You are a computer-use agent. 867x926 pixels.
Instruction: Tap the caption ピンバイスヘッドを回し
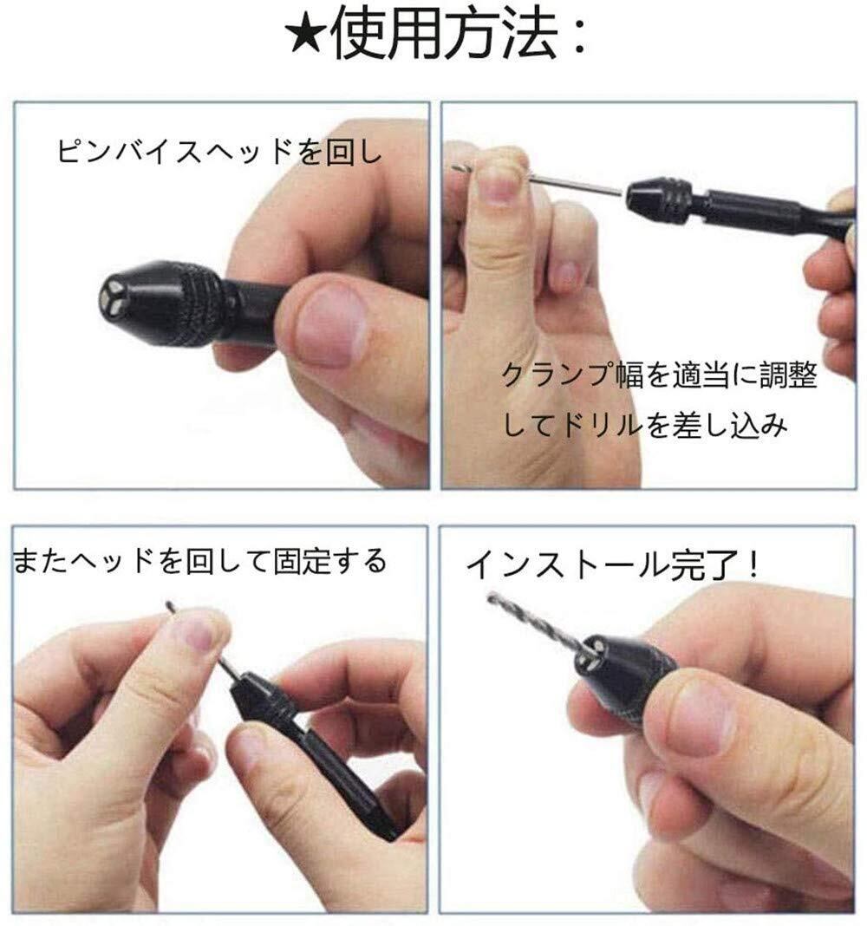pyautogui.click(x=219, y=151)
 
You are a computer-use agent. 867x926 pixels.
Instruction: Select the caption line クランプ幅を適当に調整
pyautogui.click(x=659, y=375)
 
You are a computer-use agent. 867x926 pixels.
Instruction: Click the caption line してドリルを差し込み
pyautogui.click(x=645, y=425)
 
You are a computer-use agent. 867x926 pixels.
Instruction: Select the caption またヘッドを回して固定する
pyautogui.click(x=199, y=561)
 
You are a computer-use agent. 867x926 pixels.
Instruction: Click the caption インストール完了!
pyautogui.click(x=612, y=565)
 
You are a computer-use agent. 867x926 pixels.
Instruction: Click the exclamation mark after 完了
pyautogui.click(x=750, y=565)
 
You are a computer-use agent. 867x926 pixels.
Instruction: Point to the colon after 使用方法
pyautogui.click(x=578, y=36)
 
